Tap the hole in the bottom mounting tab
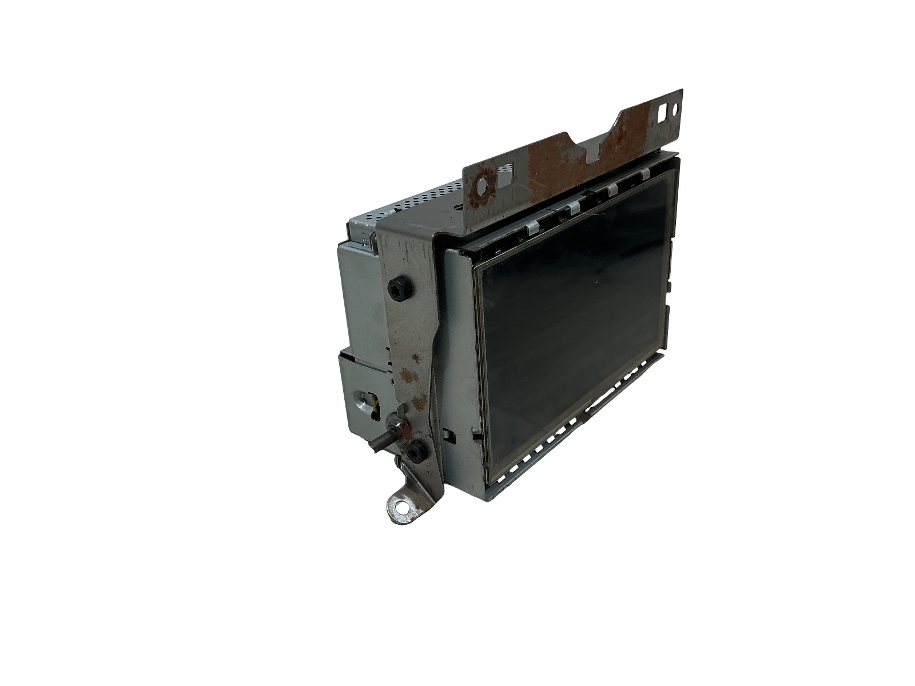tap(403, 505)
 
